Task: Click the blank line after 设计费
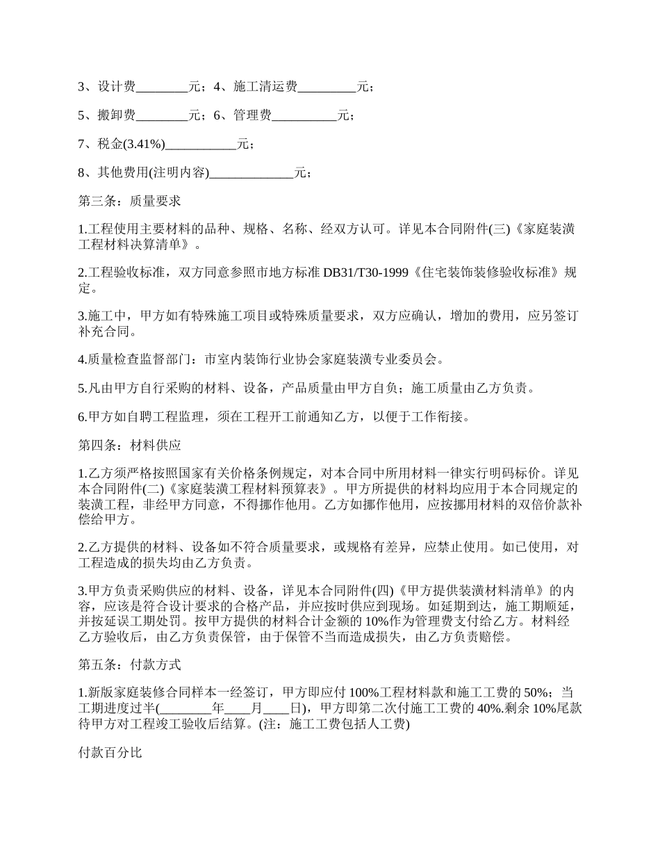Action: point(162,88)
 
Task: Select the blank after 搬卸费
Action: point(162,116)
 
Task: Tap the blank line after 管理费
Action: point(304,116)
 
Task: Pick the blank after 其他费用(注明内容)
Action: point(251,173)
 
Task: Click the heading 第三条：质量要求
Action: point(129,201)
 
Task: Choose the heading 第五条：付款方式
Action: point(129,665)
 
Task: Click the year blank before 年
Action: point(185,709)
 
